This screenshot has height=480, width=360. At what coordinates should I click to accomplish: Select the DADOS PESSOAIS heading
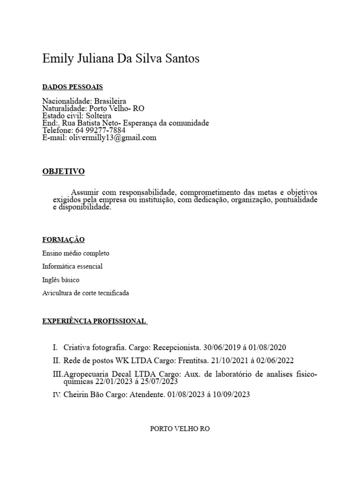coord(72,87)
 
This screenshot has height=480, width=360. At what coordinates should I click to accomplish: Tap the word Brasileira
coord(110,101)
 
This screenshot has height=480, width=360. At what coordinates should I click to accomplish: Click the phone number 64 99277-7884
coord(99,130)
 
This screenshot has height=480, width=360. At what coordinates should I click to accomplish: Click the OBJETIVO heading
coord(63,172)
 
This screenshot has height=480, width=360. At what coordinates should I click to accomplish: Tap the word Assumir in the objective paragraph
coord(85,193)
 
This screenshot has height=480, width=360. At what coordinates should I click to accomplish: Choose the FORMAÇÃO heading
coord(63,240)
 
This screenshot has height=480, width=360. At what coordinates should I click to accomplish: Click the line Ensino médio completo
coord(75,253)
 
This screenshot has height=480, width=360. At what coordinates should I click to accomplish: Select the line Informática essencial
coord(72,266)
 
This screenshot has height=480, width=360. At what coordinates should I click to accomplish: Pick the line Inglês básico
coord(60,280)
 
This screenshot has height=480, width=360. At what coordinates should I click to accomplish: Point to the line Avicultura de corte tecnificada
coord(85,293)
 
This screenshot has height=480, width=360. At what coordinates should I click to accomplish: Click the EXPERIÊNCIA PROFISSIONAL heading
coord(94,321)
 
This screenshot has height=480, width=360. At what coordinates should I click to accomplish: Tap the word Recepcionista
coord(175,348)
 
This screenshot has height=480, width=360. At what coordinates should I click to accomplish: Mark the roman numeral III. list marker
coord(57,374)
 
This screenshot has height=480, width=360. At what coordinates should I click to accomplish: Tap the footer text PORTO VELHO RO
coord(180,429)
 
